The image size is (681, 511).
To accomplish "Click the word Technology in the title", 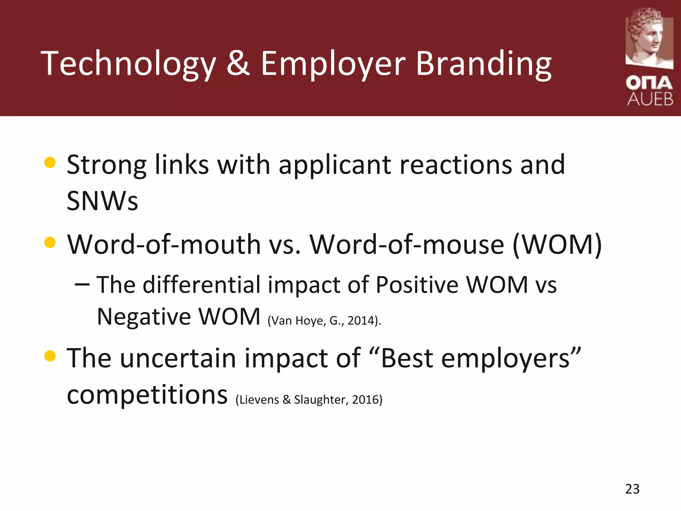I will pos(128,64).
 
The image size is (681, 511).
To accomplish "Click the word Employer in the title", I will pos(333,64).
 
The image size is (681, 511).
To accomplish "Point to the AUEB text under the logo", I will pos(650,99).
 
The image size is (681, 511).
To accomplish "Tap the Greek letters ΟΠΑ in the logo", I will pos(649,83).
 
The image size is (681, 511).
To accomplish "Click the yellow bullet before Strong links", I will pos(50,163).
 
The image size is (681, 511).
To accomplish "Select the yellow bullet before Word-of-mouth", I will pos(50,243).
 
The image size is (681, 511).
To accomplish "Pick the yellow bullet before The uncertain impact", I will pos(50,356).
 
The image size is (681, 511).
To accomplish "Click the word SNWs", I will pos(102,201).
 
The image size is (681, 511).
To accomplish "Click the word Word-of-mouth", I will pos(164,245).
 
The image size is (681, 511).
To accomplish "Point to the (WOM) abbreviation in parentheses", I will pos(557,245).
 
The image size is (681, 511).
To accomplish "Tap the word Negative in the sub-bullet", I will pos(143,316).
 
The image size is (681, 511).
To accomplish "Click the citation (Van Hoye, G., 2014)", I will pos(324,321).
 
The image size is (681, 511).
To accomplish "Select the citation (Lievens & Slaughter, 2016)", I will pos(309,400).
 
